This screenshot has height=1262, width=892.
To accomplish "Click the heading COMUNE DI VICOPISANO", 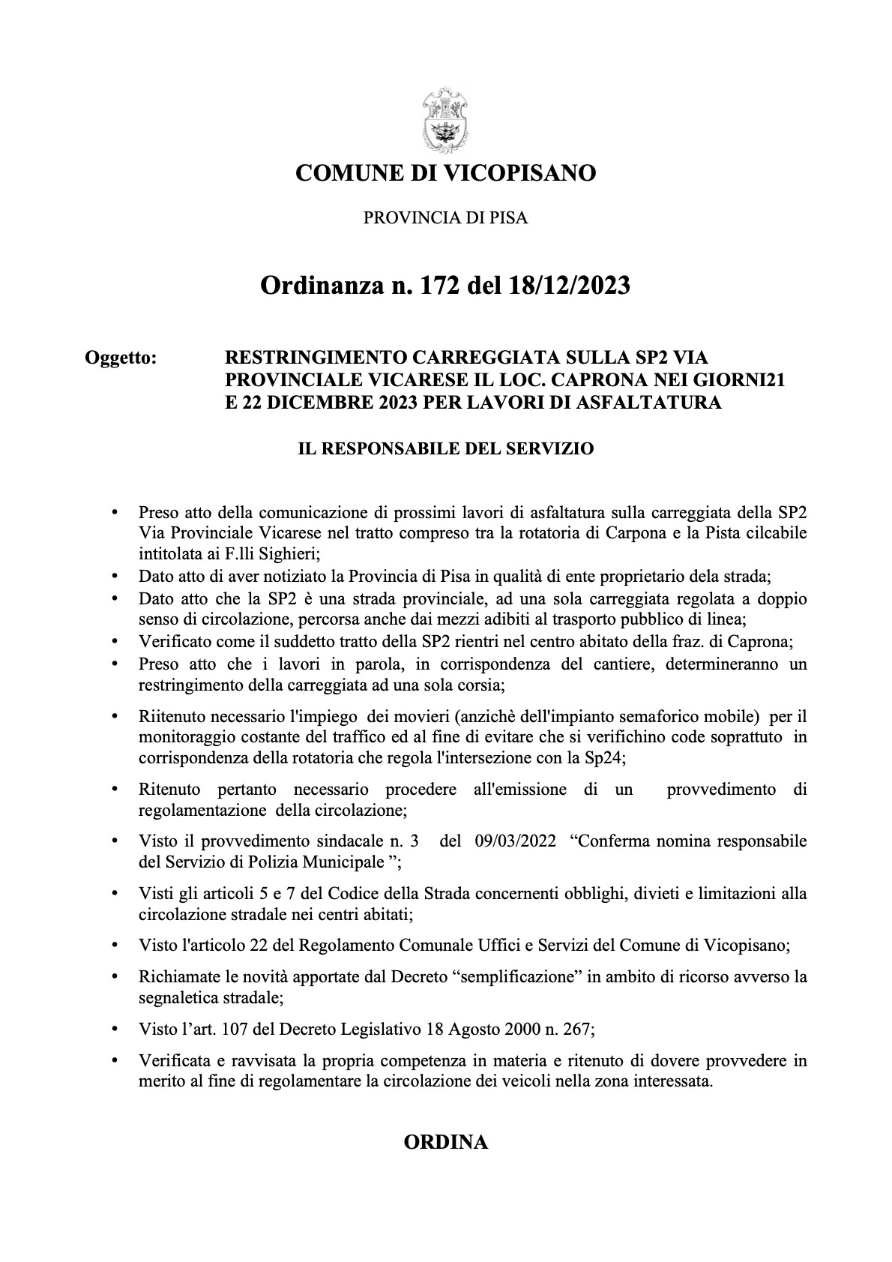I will (446, 174).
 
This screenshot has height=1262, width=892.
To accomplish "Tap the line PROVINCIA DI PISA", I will (446, 218).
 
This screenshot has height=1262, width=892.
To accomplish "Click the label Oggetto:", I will (121, 358).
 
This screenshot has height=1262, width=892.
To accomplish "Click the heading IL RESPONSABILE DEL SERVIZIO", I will (446, 449).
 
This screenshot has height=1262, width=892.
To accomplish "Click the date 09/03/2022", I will (516, 841).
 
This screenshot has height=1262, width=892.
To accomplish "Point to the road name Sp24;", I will (606, 757).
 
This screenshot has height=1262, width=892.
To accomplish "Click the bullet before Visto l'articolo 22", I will (114, 946).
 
